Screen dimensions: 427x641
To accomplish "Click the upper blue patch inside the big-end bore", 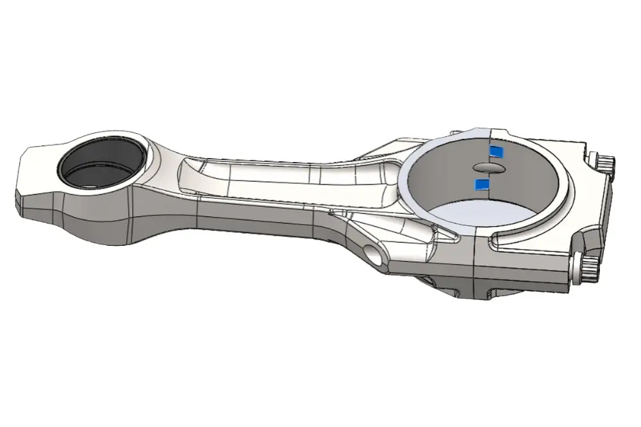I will [x=496, y=151].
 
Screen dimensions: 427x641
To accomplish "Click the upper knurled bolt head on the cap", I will [x=604, y=163].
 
